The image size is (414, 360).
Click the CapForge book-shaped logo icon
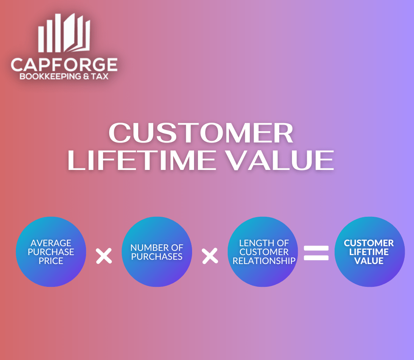[64, 33]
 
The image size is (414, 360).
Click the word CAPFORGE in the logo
[64, 65]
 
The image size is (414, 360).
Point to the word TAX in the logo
[100, 76]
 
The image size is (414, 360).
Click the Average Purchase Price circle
[51, 252]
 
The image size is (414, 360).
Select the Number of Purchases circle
[157, 252]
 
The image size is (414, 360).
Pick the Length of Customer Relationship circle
[263, 252]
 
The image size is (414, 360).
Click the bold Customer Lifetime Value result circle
[369, 252]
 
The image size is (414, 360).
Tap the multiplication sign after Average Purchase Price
[104, 256]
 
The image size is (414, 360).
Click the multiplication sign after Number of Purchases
[210, 256]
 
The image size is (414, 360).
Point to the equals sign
[316, 253]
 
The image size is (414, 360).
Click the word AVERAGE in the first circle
[51, 243]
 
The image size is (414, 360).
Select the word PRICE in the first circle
[51, 261]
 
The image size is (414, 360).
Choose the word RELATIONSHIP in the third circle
[264, 261]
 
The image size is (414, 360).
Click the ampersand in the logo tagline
[86, 76]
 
